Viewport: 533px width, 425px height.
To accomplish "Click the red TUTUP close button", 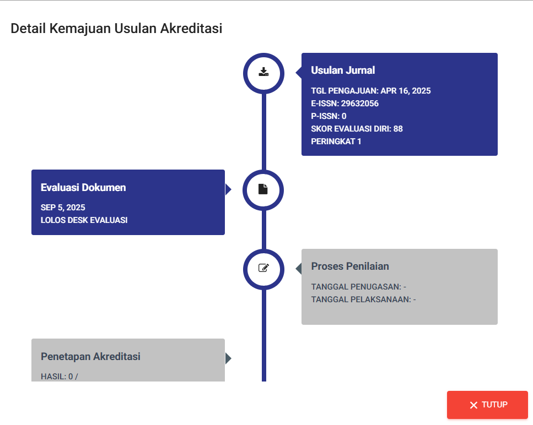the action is click(x=487, y=405).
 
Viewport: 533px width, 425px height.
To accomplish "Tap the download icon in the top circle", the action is click(x=263, y=72).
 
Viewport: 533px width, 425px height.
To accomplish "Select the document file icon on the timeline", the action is click(x=263, y=189).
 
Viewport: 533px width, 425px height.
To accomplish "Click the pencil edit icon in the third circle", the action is click(x=264, y=268).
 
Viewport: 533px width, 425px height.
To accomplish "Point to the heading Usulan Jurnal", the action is click(x=343, y=70).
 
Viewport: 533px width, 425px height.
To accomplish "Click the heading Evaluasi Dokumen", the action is click(x=83, y=187).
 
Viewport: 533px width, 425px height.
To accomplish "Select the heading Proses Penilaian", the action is click(x=350, y=266).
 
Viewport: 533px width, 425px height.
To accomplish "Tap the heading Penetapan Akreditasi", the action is click(x=90, y=356).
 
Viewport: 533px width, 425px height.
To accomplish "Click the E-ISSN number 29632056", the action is click(x=359, y=103).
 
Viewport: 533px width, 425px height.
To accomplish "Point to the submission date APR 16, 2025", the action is click(x=406, y=91).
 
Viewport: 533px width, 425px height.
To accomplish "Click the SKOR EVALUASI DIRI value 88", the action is click(x=398, y=129).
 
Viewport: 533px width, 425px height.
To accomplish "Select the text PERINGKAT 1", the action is click(x=336, y=141).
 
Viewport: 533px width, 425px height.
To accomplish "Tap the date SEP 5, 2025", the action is click(x=63, y=208).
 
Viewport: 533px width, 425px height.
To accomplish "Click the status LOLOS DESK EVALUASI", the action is click(x=84, y=220).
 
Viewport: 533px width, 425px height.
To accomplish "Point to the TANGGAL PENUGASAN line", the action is click(x=359, y=287).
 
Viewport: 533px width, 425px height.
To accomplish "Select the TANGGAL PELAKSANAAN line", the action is click(x=363, y=299).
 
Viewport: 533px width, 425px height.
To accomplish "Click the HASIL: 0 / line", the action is click(x=60, y=377).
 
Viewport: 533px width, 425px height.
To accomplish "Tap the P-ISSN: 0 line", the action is click(x=329, y=116).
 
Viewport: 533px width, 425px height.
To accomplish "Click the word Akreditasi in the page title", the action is click(x=191, y=28).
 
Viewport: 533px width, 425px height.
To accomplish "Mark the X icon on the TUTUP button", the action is click(x=473, y=405).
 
